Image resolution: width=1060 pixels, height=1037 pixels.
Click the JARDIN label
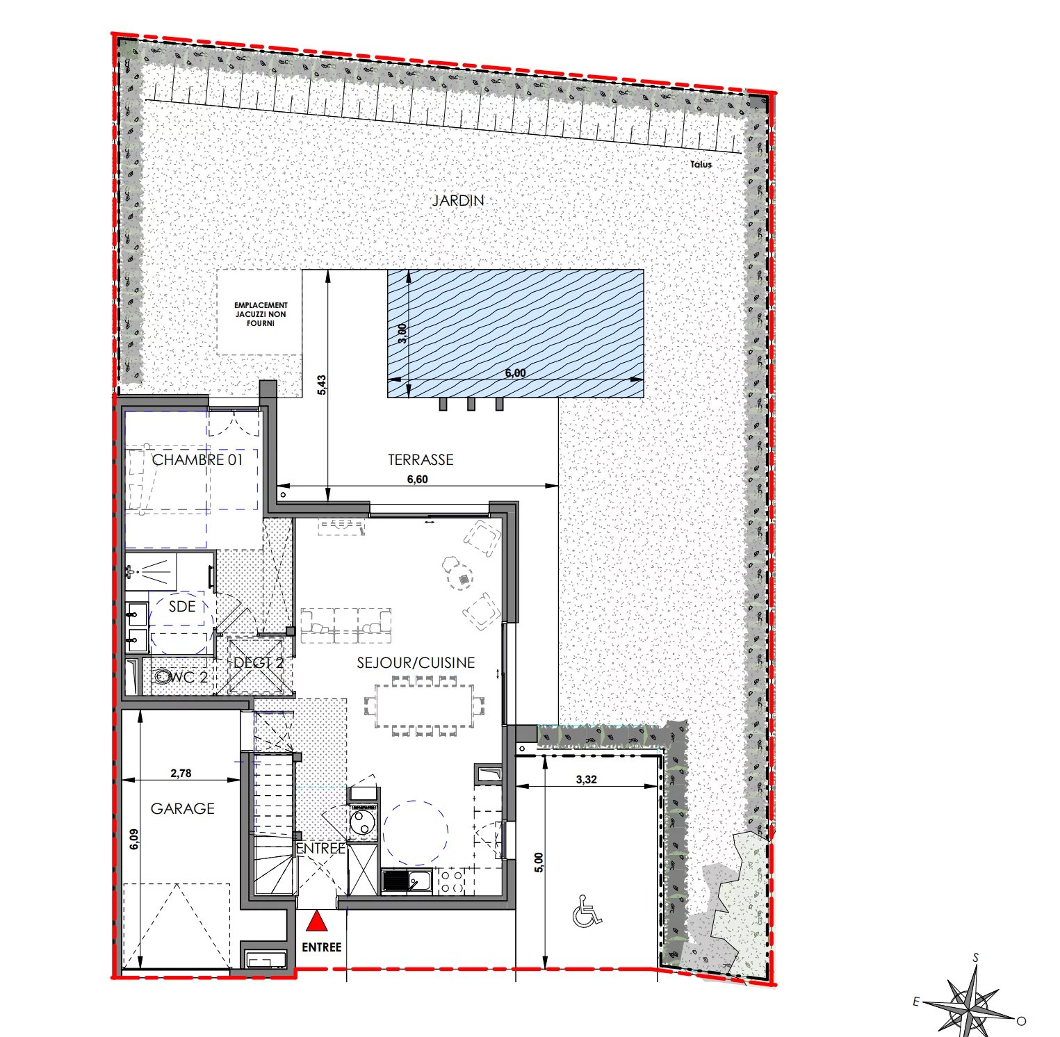[x=458, y=200]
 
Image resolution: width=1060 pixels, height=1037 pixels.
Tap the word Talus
[x=701, y=165]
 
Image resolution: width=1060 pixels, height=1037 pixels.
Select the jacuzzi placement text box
[x=261, y=314]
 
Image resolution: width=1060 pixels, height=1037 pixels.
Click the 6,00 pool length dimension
[x=515, y=373]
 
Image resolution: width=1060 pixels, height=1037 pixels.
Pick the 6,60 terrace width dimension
[x=417, y=479]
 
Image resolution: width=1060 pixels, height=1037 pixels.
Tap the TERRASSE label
[x=421, y=459]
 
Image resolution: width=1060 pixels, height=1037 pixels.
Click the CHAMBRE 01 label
[x=197, y=459]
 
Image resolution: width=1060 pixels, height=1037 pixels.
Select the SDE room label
[x=182, y=606]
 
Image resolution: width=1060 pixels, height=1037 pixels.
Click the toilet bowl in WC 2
[x=161, y=676]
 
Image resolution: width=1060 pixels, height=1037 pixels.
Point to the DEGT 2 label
[x=259, y=663]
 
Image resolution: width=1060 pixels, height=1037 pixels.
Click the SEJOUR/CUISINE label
[x=416, y=663]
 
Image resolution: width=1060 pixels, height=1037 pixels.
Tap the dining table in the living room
[x=425, y=705]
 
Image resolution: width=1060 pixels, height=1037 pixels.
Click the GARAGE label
[x=183, y=808]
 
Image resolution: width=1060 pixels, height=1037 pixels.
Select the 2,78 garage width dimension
[x=181, y=773]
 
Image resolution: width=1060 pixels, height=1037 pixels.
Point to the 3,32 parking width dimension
[x=586, y=779]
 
